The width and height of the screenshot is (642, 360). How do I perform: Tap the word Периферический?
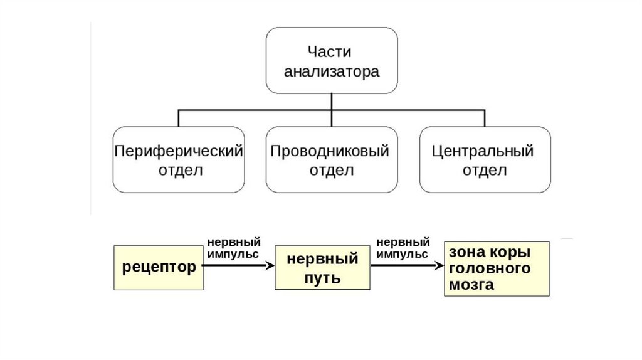179,151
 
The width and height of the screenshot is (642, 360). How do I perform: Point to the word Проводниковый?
331,151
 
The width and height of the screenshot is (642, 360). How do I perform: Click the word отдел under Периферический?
179,171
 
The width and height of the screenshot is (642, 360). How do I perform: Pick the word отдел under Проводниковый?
331,171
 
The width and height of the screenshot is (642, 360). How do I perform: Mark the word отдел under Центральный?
483,171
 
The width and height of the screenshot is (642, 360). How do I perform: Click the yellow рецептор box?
159,267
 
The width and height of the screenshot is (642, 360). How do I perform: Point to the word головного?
490,268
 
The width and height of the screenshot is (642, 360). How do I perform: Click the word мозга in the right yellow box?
471,285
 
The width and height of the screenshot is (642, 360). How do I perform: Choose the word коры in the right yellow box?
513,252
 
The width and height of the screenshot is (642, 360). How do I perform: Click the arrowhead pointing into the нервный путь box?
271,266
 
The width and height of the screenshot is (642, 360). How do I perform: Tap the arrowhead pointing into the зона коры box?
439,266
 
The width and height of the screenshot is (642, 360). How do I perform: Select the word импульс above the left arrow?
231,254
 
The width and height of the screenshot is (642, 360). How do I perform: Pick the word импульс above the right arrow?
402,254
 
